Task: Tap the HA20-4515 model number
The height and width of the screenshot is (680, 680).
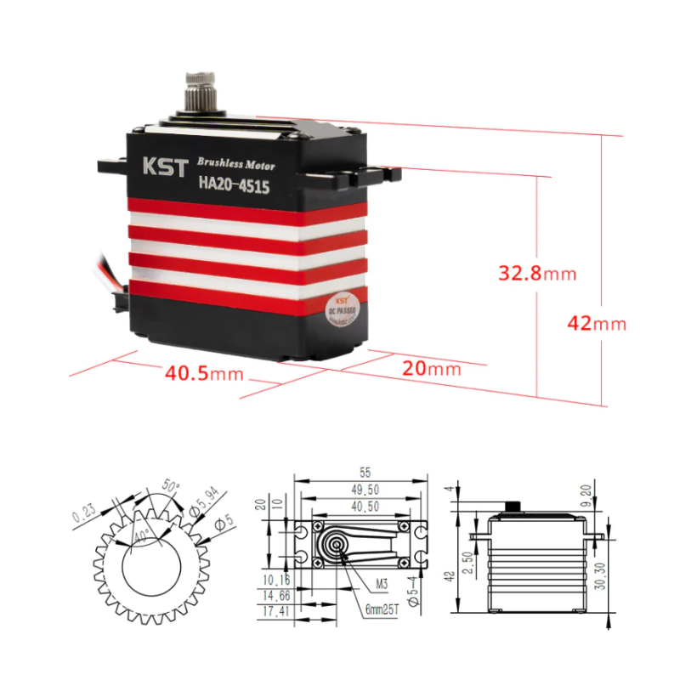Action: tap(234, 184)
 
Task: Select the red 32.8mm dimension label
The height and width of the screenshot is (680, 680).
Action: tap(537, 274)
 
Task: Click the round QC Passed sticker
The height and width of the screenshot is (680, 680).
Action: tap(342, 310)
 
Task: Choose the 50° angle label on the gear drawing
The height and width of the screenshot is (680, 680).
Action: tap(173, 487)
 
